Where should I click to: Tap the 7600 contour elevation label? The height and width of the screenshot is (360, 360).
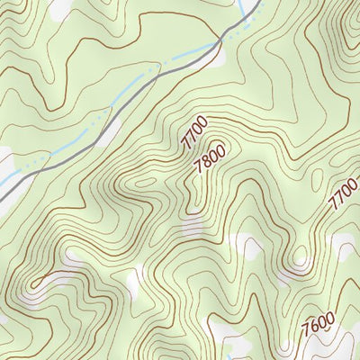click(x=319, y=321)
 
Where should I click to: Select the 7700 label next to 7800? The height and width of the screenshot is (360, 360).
click(x=193, y=132)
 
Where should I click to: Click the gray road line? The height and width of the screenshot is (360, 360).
click(x=135, y=90)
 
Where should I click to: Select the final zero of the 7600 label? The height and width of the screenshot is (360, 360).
click(x=330, y=314)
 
